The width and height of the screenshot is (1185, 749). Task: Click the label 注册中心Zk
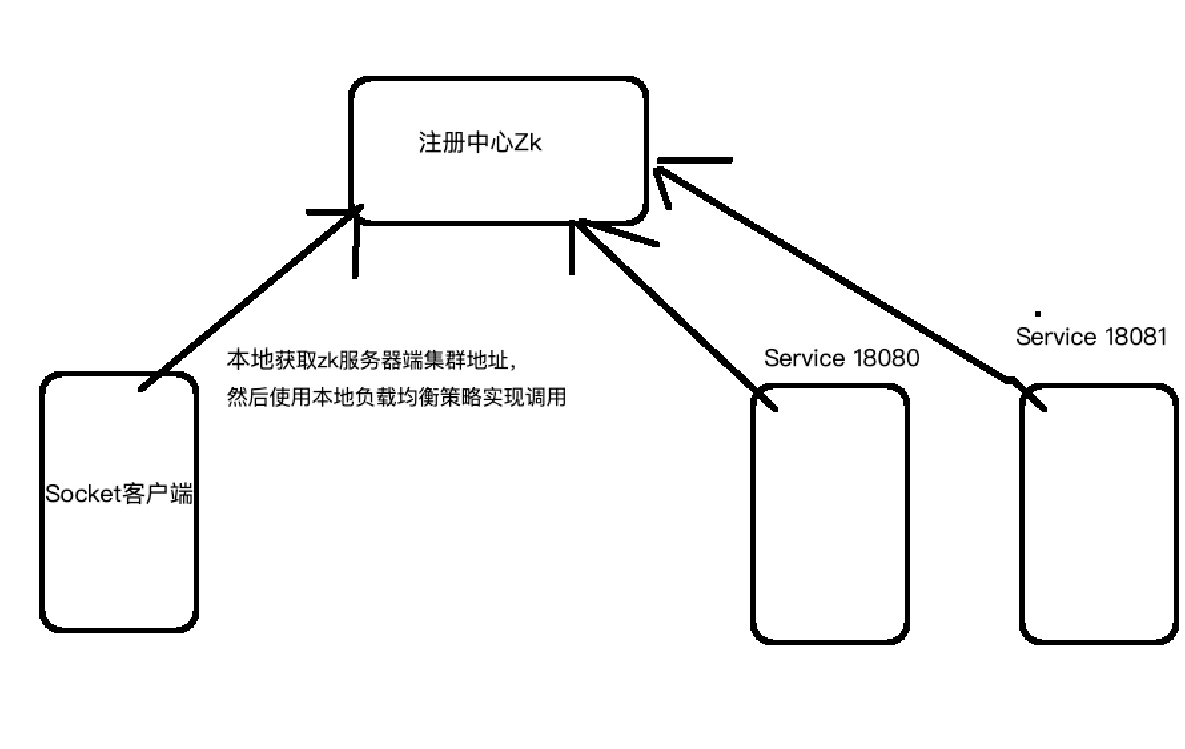[x=480, y=142]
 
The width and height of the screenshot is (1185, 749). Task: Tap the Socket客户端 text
[x=119, y=494]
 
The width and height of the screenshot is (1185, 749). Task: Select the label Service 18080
[x=841, y=358]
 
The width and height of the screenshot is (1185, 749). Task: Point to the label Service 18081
[x=1090, y=337]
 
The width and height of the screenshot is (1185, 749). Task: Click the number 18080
[x=886, y=358]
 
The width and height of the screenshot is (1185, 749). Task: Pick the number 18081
[x=1136, y=337]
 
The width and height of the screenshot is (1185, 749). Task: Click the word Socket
[x=82, y=494]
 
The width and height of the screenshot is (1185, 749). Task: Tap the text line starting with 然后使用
[x=396, y=398]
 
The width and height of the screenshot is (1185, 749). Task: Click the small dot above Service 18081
[x=1037, y=313]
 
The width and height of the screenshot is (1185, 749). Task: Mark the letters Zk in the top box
[x=527, y=142]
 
